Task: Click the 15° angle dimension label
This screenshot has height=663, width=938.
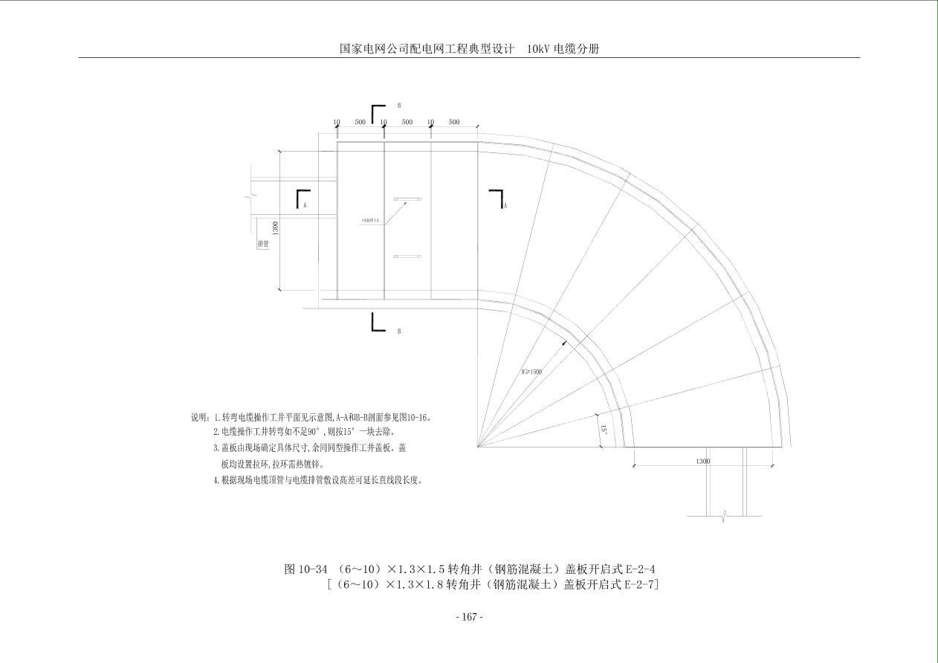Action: point(604,430)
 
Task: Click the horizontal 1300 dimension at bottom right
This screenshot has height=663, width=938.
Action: point(702,462)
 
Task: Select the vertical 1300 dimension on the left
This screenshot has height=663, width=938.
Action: point(275,227)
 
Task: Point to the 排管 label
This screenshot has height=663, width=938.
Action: point(263,244)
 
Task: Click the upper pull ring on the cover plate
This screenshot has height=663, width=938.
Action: point(407,199)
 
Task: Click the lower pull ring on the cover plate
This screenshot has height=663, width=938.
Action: point(407,256)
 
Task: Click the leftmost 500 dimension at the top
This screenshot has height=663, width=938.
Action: point(360,122)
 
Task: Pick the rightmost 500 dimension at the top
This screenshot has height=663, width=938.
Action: point(453,122)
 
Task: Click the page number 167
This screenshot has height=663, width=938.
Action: point(469,617)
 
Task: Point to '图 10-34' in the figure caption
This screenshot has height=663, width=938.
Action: point(305,569)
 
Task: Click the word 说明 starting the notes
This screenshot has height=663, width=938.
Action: point(200,418)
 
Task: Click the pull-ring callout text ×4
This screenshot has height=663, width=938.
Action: point(370,221)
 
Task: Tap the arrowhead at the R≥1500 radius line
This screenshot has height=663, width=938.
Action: point(564,343)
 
